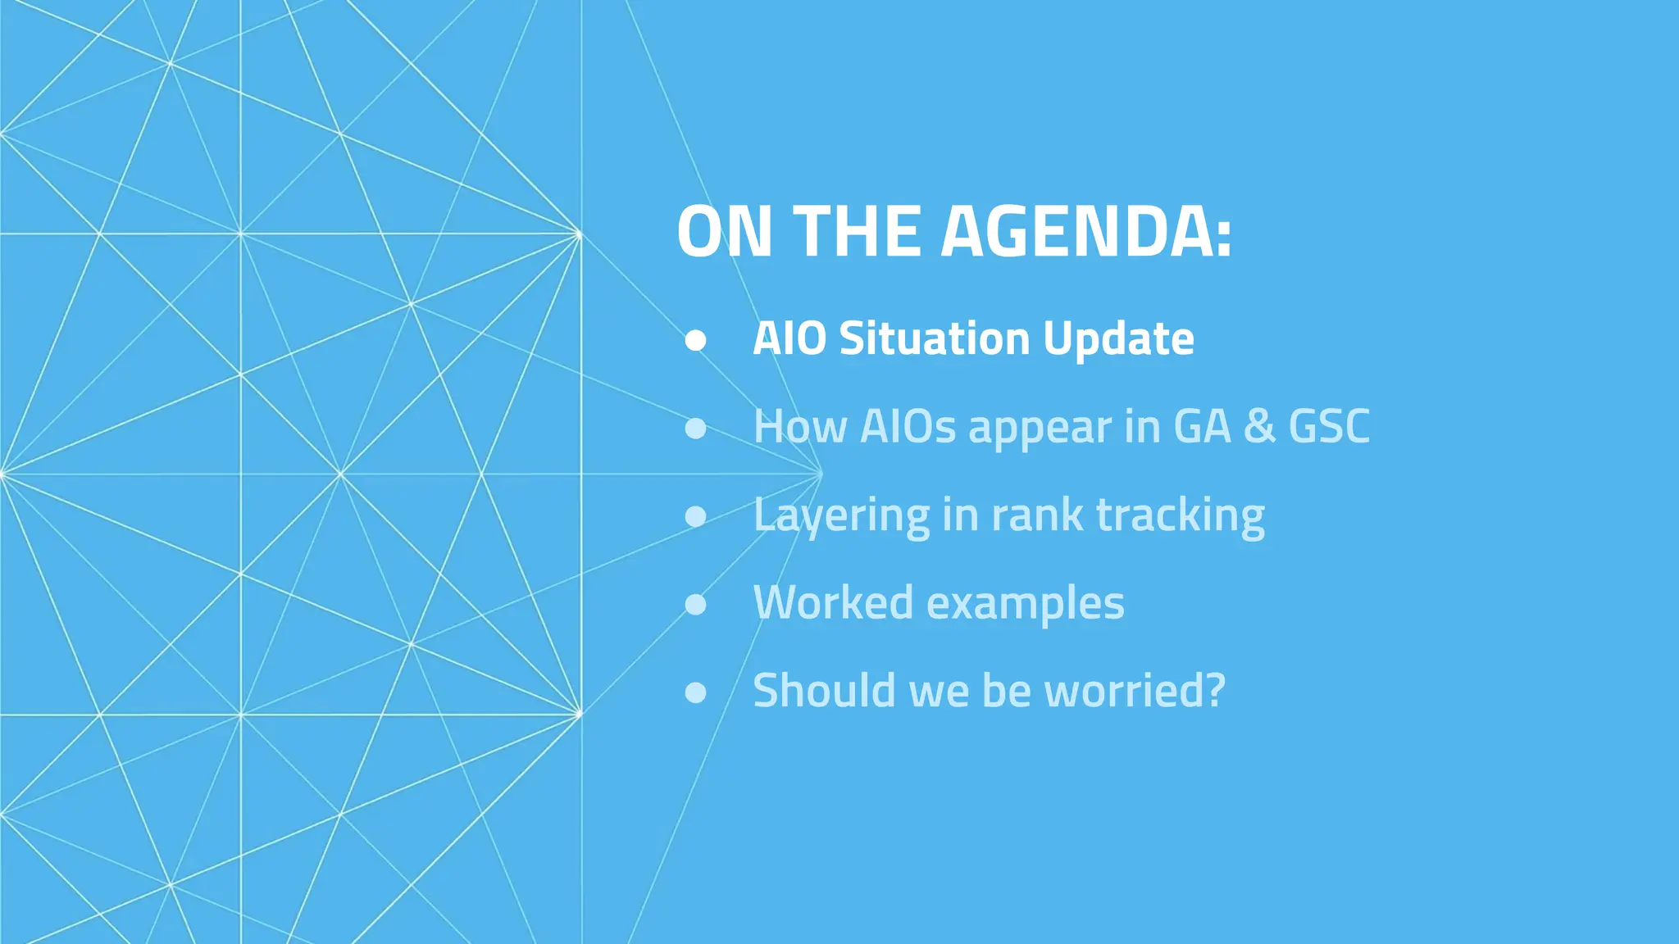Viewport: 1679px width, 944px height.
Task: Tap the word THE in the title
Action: tap(857, 232)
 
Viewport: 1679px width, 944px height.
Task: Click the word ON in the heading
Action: tap(724, 232)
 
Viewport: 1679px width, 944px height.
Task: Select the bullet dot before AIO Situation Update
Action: tap(695, 340)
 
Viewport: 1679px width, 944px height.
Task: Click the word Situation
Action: tap(934, 338)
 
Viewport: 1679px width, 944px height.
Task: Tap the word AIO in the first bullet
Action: tap(789, 338)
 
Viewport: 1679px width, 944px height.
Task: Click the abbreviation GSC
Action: tap(1328, 426)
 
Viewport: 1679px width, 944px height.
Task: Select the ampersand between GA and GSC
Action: tap(1259, 426)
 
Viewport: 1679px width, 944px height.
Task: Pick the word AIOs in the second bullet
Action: tap(908, 426)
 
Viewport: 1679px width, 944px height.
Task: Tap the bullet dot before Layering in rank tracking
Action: tap(695, 516)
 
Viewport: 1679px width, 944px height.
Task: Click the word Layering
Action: tap(841, 516)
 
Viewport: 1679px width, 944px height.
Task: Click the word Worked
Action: tap(833, 602)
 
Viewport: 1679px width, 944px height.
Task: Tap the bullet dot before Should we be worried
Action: tap(695, 692)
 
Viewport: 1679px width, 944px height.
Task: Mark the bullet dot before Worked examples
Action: tap(695, 605)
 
